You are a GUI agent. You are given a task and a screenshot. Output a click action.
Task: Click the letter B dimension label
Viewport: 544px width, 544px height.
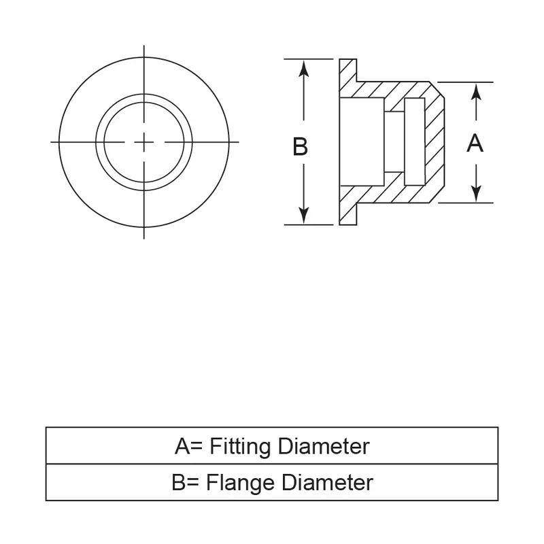click(300, 146)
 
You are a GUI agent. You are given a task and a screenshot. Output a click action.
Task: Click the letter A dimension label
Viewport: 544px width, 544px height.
click(475, 143)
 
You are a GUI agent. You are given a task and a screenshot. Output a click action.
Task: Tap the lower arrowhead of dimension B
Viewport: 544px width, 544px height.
click(305, 217)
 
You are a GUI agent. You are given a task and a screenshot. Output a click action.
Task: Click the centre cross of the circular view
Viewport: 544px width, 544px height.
click(144, 141)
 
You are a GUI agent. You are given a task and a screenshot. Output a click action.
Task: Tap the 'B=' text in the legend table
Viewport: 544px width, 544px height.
click(186, 483)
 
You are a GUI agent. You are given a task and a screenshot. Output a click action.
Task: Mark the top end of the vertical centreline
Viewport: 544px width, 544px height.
click(144, 46)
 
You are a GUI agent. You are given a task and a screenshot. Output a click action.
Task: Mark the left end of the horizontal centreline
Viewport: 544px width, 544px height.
click(52, 141)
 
